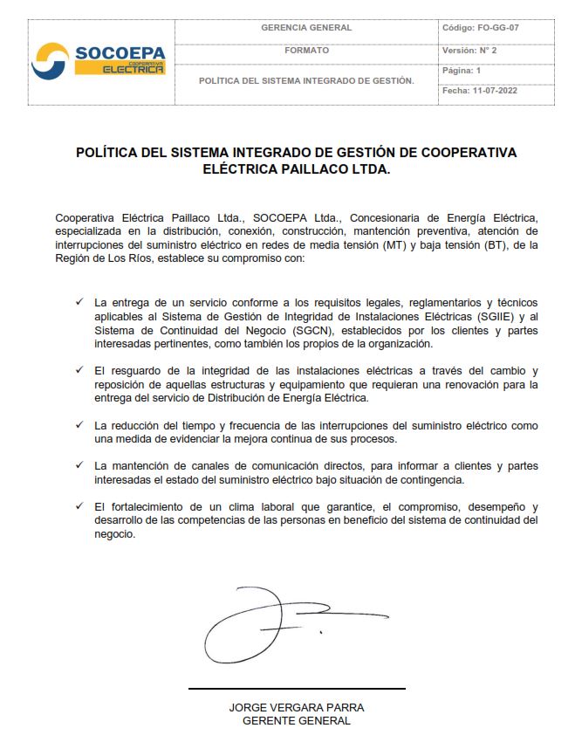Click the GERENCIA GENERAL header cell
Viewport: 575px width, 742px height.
[x=306, y=28]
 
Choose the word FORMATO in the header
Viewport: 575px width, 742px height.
[x=306, y=51]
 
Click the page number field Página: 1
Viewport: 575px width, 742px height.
[x=462, y=71]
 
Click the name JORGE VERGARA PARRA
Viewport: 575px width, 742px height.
[x=297, y=707]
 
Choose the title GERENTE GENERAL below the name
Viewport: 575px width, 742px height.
[x=297, y=721]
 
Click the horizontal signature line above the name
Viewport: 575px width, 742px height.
[x=297, y=689]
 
